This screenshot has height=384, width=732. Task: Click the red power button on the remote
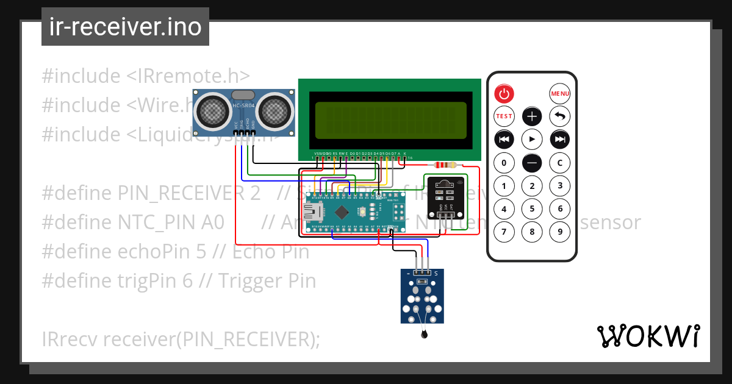point(504,94)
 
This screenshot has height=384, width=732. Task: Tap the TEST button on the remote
point(504,116)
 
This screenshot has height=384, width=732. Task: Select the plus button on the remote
point(532,116)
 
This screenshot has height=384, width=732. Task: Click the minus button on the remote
point(532,163)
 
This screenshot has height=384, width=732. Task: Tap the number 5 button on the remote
point(532,209)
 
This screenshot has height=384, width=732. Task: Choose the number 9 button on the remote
point(560,232)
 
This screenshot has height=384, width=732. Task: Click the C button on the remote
point(560,163)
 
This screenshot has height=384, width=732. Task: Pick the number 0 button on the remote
point(504,163)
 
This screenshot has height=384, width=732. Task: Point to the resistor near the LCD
point(443,165)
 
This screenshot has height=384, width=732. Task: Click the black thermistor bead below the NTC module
point(423,334)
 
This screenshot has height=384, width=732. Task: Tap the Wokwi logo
point(648,336)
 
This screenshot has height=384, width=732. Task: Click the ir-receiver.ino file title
point(125,27)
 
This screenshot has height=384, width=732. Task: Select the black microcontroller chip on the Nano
point(342,212)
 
